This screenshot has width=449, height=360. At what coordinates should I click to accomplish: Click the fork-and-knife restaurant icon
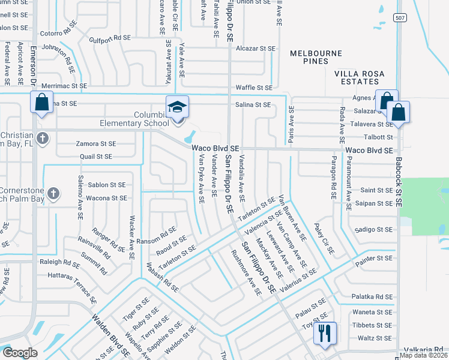point(325,334)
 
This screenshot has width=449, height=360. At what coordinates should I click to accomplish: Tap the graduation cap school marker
point(178,107)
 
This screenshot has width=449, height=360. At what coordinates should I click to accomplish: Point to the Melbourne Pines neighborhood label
point(309,57)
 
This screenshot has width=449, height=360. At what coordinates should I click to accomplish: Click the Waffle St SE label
point(255,87)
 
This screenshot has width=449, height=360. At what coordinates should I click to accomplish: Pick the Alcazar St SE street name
point(256,48)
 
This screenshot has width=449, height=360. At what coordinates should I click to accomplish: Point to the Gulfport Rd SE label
point(110,38)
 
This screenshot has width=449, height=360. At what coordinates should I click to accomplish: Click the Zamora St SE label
point(95,144)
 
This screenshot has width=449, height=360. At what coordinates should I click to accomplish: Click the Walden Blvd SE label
point(110,335)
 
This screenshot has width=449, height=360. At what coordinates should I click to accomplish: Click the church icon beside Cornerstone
point(53,193)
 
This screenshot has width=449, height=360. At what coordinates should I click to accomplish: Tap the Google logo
point(20,353)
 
